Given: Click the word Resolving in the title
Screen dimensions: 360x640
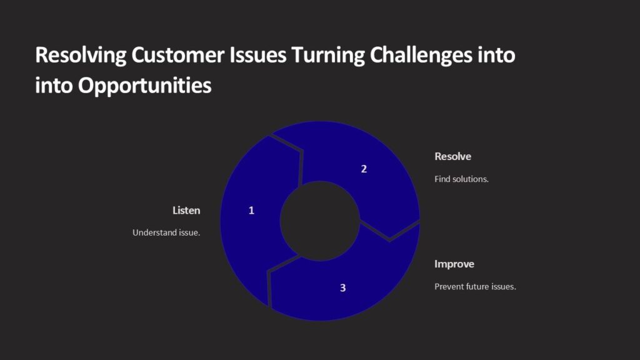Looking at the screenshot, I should (x=81, y=56).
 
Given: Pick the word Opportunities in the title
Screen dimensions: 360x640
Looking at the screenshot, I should (x=144, y=86).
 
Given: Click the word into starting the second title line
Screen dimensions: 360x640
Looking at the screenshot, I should (x=54, y=86).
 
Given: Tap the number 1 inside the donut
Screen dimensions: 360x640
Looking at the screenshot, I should (x=251, y=211).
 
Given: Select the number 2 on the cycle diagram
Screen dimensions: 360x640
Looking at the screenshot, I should (x=364, y=169).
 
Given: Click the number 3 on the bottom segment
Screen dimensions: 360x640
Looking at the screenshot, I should (x=342, y=287).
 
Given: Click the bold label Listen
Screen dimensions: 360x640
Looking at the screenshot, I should (x=186, y=211).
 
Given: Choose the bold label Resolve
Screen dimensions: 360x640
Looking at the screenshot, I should (x=452, y=156).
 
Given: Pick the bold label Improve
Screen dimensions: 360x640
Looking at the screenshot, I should (x=454, y=264).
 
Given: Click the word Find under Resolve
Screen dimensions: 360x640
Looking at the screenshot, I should (x=442, y=179).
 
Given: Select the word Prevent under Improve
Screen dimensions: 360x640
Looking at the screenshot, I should (x=449, y=287).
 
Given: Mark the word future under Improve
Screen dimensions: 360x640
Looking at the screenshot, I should (x=479, y=287).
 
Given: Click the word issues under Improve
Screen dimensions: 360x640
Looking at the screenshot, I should (x=505, y=287).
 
